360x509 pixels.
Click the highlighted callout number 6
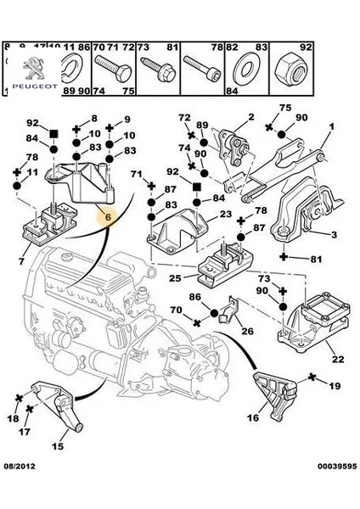108,216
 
